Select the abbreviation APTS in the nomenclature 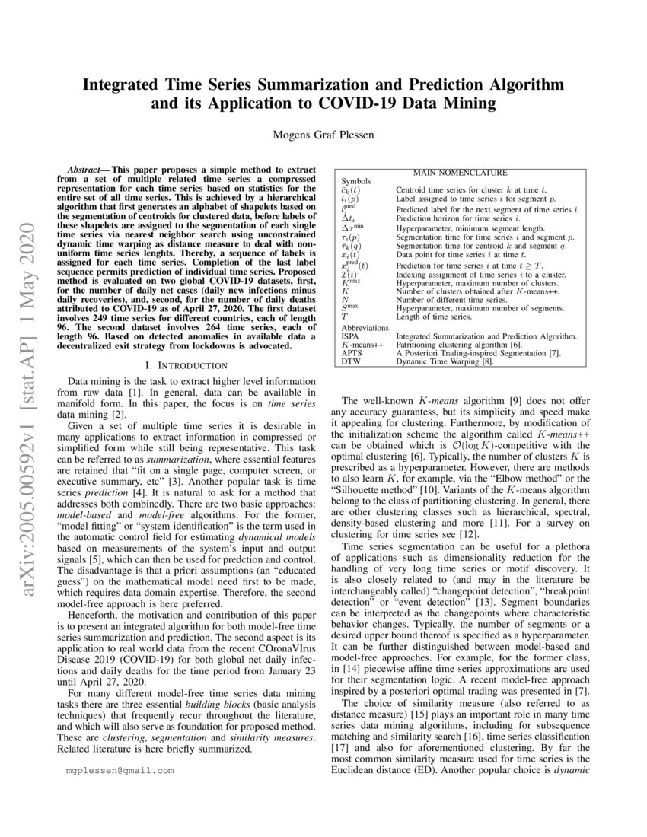click(351, 353)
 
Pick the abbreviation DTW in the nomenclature click(350, 361)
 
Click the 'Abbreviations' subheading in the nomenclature click(365, 326)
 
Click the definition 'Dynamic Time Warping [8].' click(444, 361)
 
